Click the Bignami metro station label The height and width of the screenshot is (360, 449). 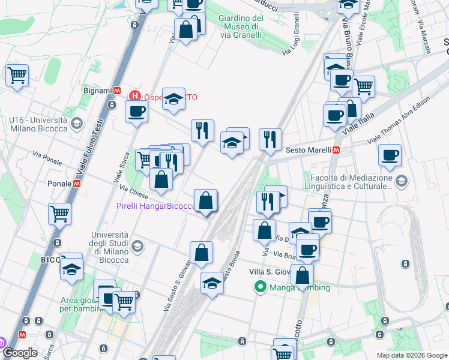click(98, 91)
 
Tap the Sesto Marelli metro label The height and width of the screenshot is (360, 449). click(309, 150)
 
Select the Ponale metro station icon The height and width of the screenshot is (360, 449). click(77, 183)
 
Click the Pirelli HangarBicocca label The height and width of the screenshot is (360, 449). click(156, 206)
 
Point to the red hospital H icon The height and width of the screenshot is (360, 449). click(135, 95)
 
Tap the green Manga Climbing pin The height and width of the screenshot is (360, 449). click(260, 287)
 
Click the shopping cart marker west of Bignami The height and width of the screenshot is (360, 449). click(17, 76)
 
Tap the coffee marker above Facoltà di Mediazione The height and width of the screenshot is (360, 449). click(390, 155)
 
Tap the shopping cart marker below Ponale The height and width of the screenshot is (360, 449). click(60, 214)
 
